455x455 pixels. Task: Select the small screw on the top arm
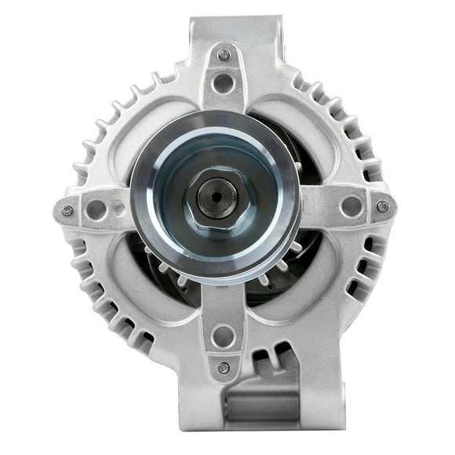tap(224, 55)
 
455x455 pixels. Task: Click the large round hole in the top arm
tap(224, 82)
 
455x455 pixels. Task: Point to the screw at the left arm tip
tap(67, 210)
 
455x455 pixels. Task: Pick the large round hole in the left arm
tap(96, 209)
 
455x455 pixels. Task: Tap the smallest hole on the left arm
tap(118, 210)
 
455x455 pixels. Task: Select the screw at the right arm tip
tap(382, 206)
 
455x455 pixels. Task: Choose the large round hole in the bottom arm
tap(224, 336)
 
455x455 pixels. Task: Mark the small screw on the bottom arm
tap(224, 367)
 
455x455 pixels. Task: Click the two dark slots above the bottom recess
tap(267, 361)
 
